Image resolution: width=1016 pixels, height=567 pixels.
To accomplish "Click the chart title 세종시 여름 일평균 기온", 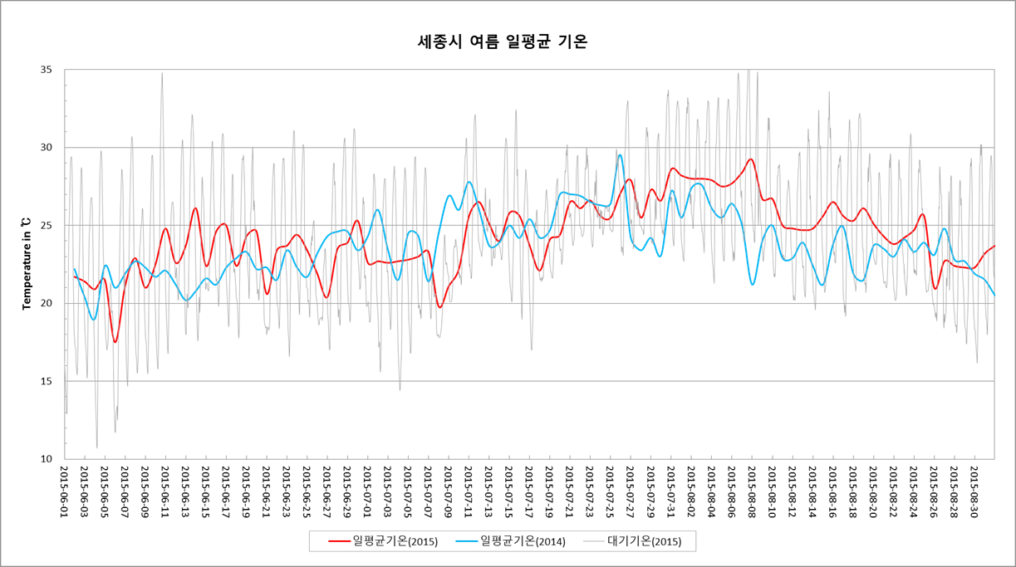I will tap(503, 42).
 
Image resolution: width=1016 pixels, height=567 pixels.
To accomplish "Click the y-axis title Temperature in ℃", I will tap(27, 264).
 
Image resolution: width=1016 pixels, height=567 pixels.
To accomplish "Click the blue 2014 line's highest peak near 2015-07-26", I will tap(620, 154).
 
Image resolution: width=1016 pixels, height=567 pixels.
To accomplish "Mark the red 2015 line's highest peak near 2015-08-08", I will tap(751, 159).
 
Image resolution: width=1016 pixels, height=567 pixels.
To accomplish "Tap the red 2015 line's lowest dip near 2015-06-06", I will tap(115, 342).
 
